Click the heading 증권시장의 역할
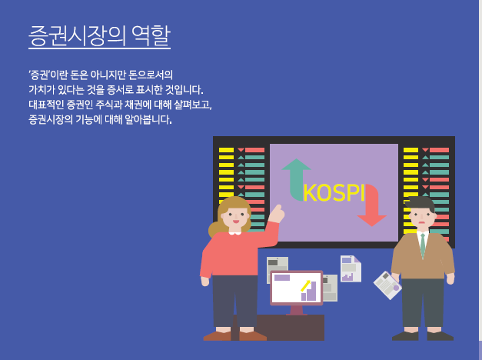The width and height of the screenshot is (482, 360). click(99, 36)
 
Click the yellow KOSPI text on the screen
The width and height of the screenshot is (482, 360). click(334, 193)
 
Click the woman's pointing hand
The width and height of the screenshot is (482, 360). click(277, 213)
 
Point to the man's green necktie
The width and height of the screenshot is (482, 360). click(423, 245)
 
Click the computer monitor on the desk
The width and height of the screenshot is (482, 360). click(296, 292)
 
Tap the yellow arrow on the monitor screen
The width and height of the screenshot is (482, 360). click(305, 285)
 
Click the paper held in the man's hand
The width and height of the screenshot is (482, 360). click(387, 285)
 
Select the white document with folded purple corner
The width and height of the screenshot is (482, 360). click(351, 268)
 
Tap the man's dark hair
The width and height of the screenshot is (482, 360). click(421, 203)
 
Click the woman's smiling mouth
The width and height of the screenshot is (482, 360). click(236, 222)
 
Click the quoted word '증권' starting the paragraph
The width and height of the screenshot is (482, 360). click(38, 75)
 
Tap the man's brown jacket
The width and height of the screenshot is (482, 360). click(423, 256)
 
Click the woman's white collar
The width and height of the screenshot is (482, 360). click(235, 233)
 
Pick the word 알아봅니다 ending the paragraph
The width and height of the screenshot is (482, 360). click(148, 119)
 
